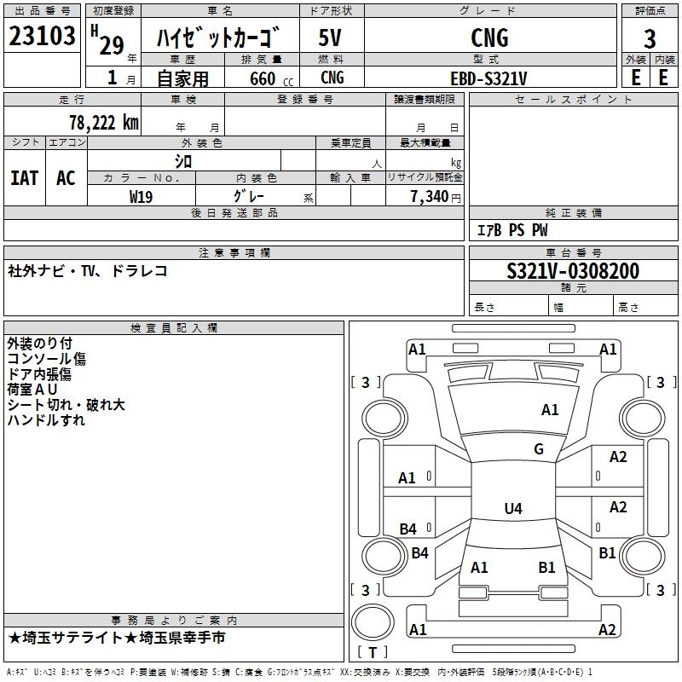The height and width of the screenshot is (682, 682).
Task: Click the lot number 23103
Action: pos(42,36)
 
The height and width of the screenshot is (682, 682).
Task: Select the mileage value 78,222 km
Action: pos(104,123)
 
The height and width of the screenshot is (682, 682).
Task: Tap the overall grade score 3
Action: pos(650,39)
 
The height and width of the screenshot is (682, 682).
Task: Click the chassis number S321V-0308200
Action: pos(573,271)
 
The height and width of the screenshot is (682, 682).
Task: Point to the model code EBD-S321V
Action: pos(488,78)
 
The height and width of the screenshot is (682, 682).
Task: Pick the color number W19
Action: pos(141,197)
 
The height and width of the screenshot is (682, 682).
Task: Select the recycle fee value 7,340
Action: pos(430,197)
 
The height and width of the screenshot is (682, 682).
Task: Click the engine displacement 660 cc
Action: pos(271,78)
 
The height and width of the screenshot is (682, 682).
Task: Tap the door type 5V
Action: pos(330,38)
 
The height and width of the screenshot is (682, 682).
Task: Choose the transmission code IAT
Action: pos(25,178)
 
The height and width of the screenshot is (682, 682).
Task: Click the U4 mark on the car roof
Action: pos(513,508)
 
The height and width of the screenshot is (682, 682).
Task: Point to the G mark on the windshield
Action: pos(539,448)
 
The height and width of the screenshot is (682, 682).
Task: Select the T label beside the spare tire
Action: pos(373,652)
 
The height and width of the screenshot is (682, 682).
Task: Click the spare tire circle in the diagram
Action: pos(373,622)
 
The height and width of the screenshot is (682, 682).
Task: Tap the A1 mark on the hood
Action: pos(550,410)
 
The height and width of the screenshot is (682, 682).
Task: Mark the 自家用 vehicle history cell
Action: pos(182,78)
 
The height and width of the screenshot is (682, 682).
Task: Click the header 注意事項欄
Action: pos(234,252)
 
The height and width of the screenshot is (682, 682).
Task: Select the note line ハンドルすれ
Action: pos(46,420)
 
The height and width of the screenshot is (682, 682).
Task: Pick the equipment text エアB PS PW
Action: pos(512,230)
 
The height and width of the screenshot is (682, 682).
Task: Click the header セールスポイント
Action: pos(573,100)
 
